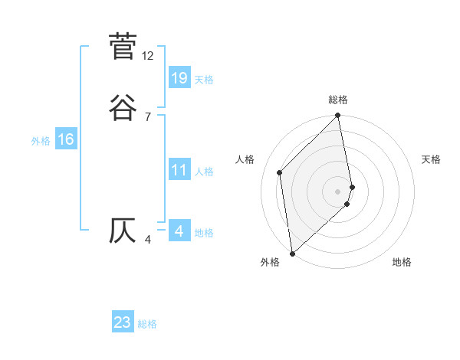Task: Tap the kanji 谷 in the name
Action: tap(123, 106)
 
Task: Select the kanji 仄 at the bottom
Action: tap(123, 231)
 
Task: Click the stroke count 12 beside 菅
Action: tap(148, 56)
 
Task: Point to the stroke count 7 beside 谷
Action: tap(148, 116)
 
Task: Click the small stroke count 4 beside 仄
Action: tap(148, 241)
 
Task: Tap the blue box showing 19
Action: tap(179, 77)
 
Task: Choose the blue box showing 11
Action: tap(179, 170)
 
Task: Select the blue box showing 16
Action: tap(65, 139)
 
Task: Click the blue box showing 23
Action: tap(123, 322)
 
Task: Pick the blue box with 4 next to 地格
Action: tap(179, 231)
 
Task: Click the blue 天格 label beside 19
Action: tap(204, 80)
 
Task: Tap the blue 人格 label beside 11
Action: tap(204, 172)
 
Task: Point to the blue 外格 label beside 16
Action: tap(41, 141)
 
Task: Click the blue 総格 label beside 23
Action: tap(147, 325)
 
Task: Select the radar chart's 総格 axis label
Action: tap(338, 100)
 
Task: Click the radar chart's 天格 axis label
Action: tap(432, 159)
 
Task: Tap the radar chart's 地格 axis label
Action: tap(402, 262)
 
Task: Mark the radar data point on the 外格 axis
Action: tap(291, 254)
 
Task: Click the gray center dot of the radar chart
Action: tap(338, 191)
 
